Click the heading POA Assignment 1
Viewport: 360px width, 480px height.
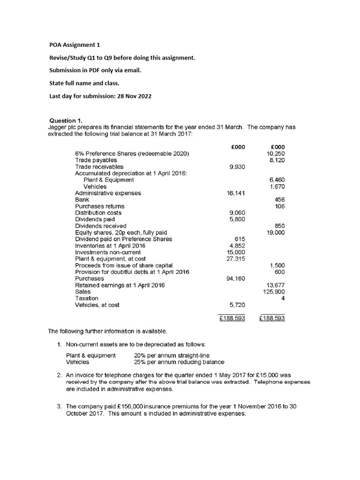pyautogui.click(x=75, y=45)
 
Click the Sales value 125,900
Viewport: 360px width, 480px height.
pyautogui.click(x=275, y=292)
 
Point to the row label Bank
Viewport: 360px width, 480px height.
pyautogui.click(x=82, y=200)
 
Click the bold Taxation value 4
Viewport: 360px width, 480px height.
pyautogui.click(x=283, y=298)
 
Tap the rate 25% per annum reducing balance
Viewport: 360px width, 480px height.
pyautogui.click(x=179, y=362)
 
